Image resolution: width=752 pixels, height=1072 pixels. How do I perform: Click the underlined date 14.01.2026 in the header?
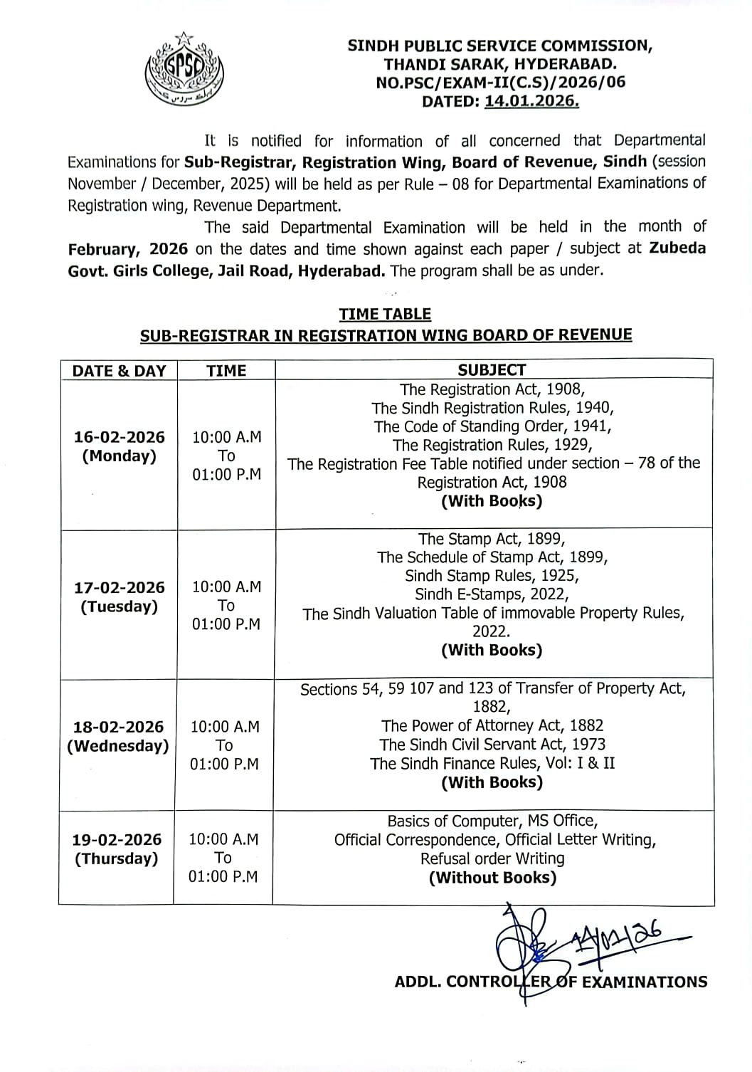[x=531, y=101]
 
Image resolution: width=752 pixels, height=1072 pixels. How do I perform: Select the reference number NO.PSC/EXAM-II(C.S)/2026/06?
[x=500, y=82]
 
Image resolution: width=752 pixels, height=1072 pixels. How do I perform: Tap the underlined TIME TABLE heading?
[x=385, y=314]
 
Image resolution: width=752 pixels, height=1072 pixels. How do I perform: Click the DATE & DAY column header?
[x=119, y=370]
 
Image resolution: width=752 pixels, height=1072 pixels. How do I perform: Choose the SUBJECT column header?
[x=492, y=369]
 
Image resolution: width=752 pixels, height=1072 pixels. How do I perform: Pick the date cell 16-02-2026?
[x=120, y=437]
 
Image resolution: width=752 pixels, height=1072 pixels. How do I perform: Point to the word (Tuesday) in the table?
[x=119, y=606]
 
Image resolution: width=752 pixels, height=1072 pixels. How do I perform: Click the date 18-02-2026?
[x=118, y=727]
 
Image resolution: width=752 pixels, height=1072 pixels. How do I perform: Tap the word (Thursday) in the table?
[x=117, y=858]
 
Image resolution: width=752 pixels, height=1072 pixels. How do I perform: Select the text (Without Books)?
[x=492, y=878]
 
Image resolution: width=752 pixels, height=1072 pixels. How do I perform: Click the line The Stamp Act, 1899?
[x=492, y=539]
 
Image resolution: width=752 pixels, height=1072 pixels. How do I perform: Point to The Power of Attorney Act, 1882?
[x=492, y=725]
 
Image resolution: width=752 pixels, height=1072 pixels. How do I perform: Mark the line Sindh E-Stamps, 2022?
[x=492, y=594]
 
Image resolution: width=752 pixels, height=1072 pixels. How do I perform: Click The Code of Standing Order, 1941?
[x=492, y=426]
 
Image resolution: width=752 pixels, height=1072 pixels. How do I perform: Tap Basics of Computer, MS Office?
[x=492, y=821]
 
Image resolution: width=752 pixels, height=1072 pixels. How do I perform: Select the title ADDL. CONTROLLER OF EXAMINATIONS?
[x=551, y=982]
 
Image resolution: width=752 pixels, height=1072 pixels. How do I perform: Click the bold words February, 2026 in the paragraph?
[x=128, y=249]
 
